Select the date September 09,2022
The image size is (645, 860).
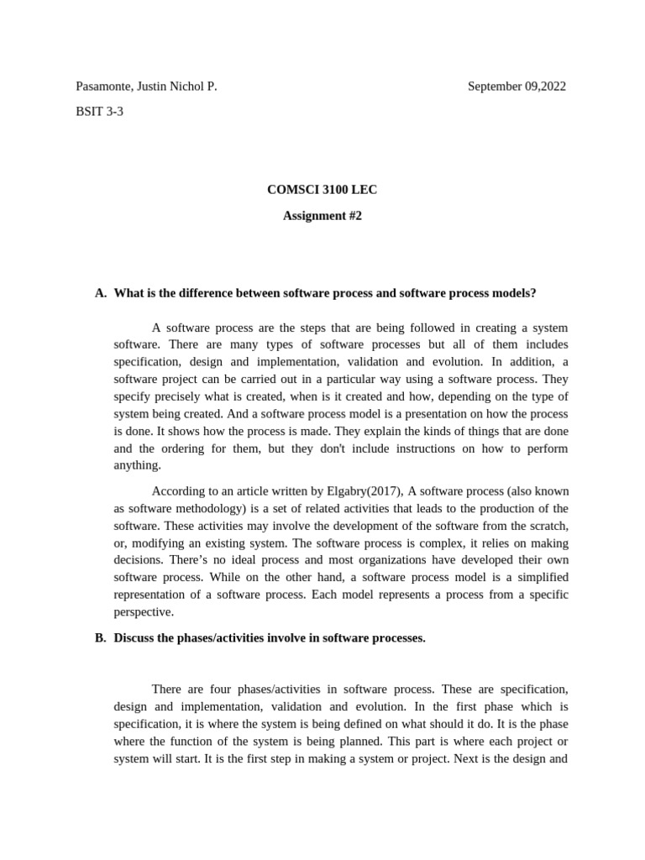click(x=517, y=87)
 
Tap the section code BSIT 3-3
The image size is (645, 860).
click(x=99, y=112)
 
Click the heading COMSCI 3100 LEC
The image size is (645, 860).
click(x=322, y=190)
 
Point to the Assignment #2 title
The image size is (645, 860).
click(x=322, y=216)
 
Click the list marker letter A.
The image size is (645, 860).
click(x=100, y=293)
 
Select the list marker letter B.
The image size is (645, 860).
click(x=100, y=637)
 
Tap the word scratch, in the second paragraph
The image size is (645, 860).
click(x=545, y=526)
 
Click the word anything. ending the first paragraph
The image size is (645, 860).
click(x=137, y=465)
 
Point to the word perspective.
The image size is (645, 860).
click(x=144, y=612)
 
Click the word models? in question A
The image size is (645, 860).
click(x=512, y=293)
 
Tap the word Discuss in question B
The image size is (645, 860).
click(x=134, y=637)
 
